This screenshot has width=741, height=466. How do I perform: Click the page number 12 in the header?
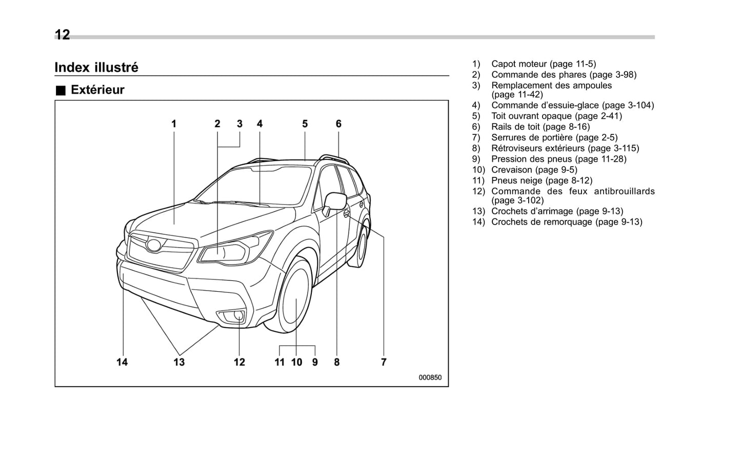[62, 35]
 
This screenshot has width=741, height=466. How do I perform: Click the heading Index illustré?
[96, 68]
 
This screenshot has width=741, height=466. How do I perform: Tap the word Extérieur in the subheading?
[97, 90]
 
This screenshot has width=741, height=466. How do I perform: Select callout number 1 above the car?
[174, 124]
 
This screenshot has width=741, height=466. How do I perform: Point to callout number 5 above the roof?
[305, 124]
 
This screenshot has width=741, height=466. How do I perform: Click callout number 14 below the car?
[122, 362]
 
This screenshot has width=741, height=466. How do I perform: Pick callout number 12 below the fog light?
[239, 362]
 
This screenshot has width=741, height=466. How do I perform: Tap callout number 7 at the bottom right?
[384, 362]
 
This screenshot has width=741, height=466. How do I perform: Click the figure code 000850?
[430, 377]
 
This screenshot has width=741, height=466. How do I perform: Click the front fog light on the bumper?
[238, 316]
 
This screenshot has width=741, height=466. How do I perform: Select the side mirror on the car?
[336, 201]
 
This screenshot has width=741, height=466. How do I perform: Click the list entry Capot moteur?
[543, 64]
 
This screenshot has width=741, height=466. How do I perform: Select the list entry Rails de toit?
[540, 127]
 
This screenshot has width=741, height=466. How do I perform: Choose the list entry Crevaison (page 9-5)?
[534, 170]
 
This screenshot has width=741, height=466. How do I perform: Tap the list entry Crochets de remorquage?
[566, 222]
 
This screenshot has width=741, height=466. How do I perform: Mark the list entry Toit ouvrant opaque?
[556, 116]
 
